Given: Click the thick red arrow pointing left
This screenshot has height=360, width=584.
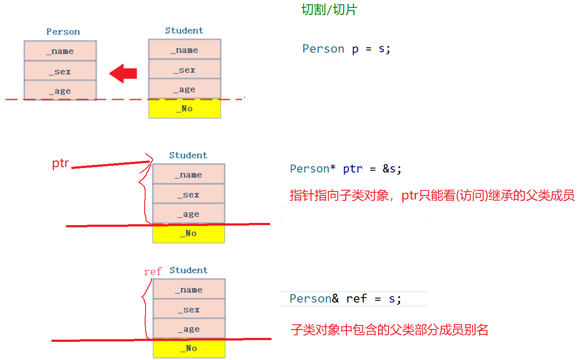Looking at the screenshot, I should click(123, 73).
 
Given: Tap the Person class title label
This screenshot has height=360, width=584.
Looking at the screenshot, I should click(63, 32).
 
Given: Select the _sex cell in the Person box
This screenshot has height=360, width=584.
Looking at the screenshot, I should click(60, 71).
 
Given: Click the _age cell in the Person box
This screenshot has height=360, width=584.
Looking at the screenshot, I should click(60, 91).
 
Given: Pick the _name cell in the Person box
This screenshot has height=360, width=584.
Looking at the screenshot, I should click(60, 51).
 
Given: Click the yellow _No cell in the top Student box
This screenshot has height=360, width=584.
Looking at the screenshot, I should click(184, 109).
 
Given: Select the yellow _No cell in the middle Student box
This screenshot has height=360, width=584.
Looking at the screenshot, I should click(188, 234).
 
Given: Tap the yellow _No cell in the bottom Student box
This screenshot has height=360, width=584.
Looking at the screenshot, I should click(189, 349).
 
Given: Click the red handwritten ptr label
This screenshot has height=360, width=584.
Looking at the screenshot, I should click(61, 164).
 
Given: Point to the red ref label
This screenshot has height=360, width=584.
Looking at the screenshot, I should click(153, 272).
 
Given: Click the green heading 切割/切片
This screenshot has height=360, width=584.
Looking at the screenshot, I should click(329, 10).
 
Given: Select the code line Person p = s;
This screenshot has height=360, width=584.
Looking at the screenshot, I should click(346, 49).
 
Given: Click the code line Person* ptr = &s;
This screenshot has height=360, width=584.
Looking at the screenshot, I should click(346, 169).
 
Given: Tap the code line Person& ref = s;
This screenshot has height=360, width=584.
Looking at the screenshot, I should click(345, 299).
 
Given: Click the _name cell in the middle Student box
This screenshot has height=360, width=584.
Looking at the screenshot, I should click(188, 175).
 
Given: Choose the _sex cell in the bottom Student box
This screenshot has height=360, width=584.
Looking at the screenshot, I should click(189, 310).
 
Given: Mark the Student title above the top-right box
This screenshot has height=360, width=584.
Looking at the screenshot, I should click(184, 31).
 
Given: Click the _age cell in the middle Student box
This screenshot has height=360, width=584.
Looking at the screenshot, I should click(188, 214).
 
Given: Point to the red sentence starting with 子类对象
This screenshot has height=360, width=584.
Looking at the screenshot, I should click(389, 329).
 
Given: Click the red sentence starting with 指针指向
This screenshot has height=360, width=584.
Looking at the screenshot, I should click(432, 195).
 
